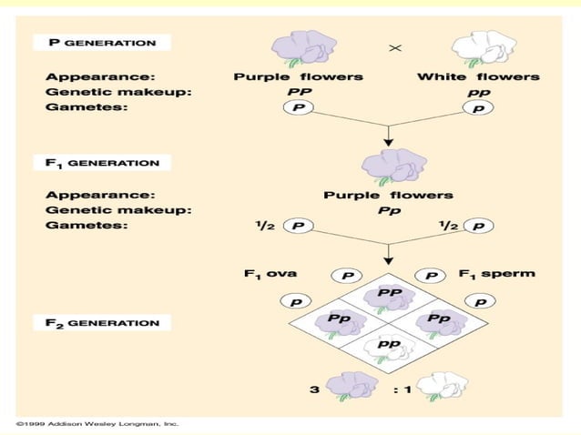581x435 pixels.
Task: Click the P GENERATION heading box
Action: [101, 43]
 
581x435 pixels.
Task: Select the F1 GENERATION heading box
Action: [102, 164]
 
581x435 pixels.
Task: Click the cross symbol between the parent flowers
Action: [394, 46]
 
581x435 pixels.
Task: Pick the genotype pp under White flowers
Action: [478, 93]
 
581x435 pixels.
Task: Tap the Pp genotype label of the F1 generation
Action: [388, 210]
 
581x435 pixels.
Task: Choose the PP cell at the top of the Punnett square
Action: [389, 295]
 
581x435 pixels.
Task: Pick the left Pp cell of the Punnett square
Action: [340, 320]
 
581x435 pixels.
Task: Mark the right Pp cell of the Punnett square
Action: [439, 320]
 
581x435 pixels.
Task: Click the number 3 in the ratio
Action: [314, 390]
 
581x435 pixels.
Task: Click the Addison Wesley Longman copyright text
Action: [97, 423]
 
